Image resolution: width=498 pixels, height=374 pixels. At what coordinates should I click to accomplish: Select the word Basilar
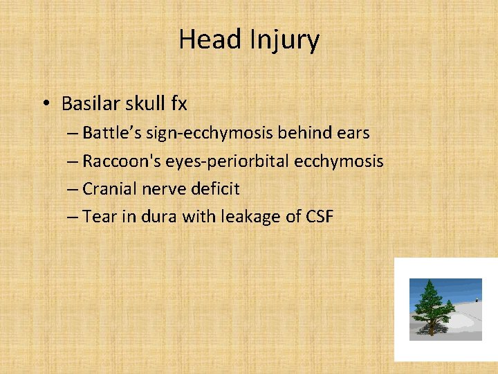[89, 104]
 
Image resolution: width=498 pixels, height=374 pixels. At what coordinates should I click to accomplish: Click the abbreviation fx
[178, 104]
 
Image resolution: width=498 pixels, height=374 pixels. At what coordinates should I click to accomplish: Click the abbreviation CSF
[319, 217]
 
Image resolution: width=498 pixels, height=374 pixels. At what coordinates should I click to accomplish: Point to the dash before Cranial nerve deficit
[73, 189]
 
